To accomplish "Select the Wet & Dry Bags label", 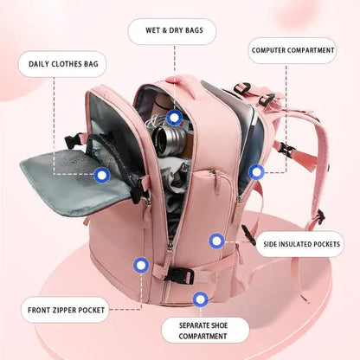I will point(172,31).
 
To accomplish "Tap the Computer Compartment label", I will point(292,50).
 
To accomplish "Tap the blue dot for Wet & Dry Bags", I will point(175,117).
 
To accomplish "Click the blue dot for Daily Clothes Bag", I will point(102,176).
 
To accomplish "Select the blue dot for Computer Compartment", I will point(256,172).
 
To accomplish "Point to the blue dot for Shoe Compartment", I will point(201,299).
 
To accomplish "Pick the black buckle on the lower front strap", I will point(180,275).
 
